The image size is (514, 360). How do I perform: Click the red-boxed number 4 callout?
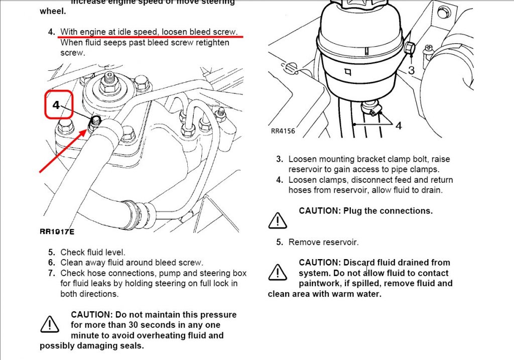tap(56, 105)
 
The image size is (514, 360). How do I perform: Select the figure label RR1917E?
tap(57, 232)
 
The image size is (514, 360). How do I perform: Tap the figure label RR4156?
tap(283, 131)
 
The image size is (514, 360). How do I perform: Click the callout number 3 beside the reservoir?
tap(412, 70)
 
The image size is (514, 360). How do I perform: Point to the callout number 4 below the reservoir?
tap(399, 126)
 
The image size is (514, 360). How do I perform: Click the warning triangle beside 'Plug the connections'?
tap(278, 220)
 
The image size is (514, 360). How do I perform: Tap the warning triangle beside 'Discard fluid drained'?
tap(278, 272)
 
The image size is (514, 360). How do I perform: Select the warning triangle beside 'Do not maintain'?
tap(50, 324)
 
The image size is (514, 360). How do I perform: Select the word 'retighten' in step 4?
tap(212, 43)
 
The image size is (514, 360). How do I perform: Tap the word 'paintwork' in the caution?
tap(319, 284)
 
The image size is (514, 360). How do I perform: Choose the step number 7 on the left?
tap(52, 273)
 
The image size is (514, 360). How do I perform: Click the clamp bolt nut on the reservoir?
tap(409, 48)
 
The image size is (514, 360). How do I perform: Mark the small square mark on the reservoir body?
tap(348, 71)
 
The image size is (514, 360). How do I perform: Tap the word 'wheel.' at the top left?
tap(53, 11)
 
